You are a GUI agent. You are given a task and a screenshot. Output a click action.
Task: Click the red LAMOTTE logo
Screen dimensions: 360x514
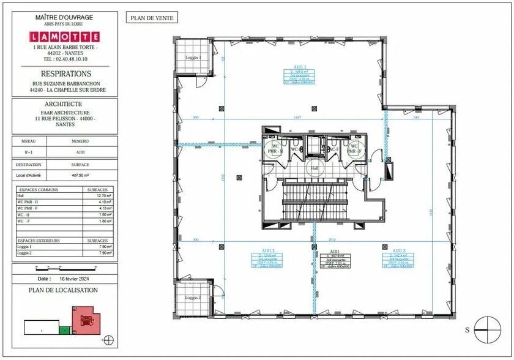click(x=64, y=37)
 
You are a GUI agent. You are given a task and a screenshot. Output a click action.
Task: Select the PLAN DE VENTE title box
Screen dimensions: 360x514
click(x=151, y=18)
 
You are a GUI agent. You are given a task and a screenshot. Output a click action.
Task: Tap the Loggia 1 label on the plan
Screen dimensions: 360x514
click(x=193, y=57)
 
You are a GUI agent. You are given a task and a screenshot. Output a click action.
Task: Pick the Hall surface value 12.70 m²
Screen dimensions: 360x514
click(x=104, y=197)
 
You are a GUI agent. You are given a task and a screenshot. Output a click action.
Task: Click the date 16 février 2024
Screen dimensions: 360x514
click(x=76, y=278)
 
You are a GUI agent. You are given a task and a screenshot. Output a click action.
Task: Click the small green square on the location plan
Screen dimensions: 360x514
click(x=62, y=331)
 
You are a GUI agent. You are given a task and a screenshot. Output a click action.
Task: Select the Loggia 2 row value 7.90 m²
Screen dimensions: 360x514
click(x=104, y=252)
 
